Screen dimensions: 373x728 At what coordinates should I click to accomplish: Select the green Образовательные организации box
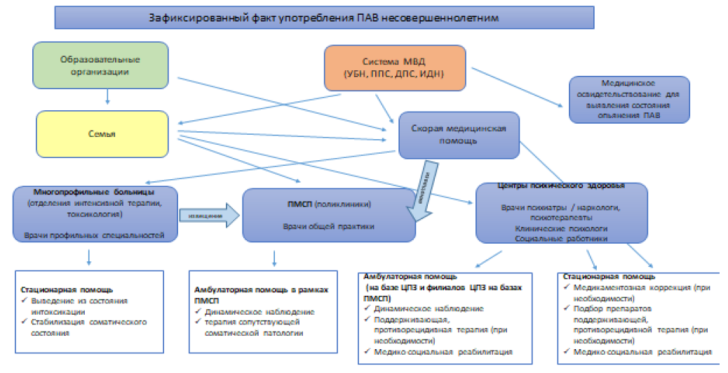102,65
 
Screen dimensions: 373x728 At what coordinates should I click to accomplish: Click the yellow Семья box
102,133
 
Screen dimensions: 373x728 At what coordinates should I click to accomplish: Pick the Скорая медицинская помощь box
457,134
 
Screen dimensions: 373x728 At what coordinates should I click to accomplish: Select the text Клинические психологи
560,229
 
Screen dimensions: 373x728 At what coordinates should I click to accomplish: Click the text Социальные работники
560,239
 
